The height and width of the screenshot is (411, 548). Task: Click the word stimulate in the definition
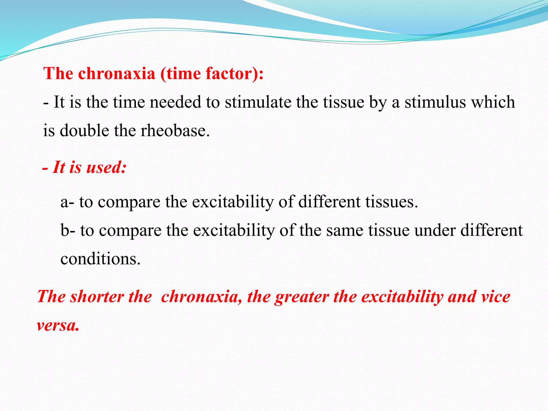coord(258,102)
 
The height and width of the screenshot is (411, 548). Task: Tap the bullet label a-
coord(67,202)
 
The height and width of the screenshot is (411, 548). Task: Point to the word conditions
coord(100,259)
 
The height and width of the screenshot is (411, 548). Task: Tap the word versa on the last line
coord(58,326)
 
